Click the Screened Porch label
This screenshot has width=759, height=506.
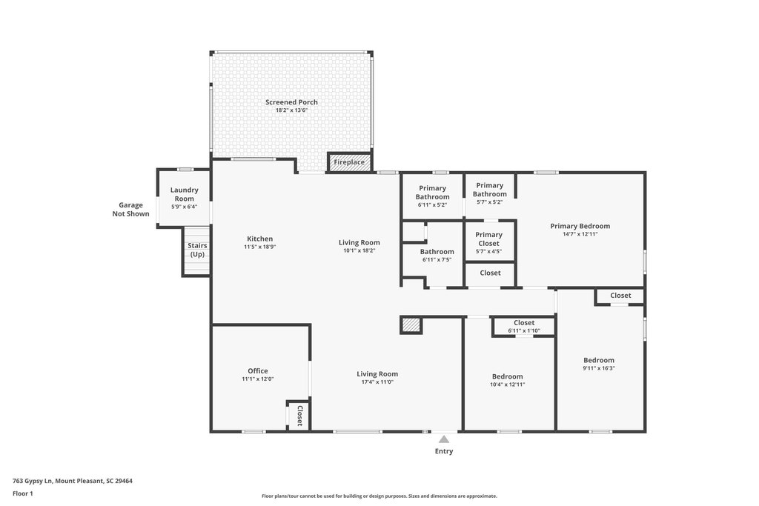point(291,102)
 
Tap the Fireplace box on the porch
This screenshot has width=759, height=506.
point(349,162)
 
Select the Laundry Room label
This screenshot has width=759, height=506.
point(185,194)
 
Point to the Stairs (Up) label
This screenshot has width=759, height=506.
point(197,250)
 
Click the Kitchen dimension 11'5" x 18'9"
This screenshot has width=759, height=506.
point(260,247)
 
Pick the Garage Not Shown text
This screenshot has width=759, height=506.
point(130,210)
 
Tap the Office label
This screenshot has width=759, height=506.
point(257,371)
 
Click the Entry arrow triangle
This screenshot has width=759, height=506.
point(444,439)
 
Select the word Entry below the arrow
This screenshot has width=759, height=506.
point(444,451)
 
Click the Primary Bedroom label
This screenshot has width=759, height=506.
point(580,226)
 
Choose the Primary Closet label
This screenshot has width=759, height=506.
point(489,239)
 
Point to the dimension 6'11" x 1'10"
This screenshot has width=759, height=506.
point(524,331)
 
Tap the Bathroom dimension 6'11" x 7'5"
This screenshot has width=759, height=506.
point(437,260)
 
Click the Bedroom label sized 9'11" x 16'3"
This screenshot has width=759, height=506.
point(599,360)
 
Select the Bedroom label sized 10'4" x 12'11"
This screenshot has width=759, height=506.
point(507,376)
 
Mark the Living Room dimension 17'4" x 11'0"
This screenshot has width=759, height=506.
point(377,382)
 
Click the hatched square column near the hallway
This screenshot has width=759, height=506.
point(411,325)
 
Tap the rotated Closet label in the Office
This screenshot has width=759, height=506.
point(299,416)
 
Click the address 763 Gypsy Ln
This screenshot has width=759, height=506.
point(33,481)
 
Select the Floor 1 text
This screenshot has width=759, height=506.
point(23,493)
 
